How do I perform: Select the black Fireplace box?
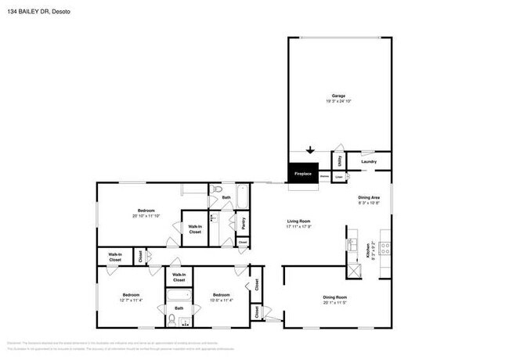click(302, 173)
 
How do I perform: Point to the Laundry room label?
click(370, 163)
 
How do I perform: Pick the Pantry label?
click(244, 221)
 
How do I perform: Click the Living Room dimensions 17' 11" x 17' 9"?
click(299, 228)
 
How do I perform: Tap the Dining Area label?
click(369, 197)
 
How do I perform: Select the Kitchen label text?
click(368, 252)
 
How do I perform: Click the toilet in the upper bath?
click(218, 189)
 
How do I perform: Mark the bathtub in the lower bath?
click(179, 297)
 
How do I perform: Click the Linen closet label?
click(338, 178)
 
